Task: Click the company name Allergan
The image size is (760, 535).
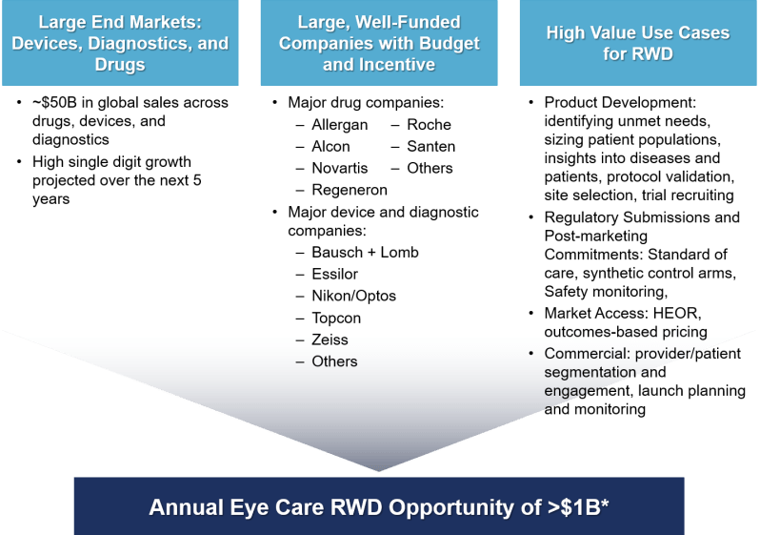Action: pyautogui.click(x=339, y=125)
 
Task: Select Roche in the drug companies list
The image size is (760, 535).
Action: pyautogui.click(x=429, y=125)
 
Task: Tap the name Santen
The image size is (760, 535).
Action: pyautogui.click(x=430, y=146)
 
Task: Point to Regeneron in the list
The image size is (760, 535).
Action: pyautogui.click(x=350, y=190)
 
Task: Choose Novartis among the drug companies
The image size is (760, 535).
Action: pyautogui.click(x=340, y=168)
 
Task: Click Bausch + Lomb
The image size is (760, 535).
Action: pyautogui.click(x=365, y=253)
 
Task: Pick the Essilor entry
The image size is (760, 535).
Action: pyautogui.click(x=334, y=275)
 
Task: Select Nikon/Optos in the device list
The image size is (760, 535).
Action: pyautogui.click(x=354, y=297)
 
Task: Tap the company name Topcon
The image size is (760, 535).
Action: pyautogui.click(x=336, y=319)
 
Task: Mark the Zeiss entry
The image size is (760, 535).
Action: pyautogui.click(x=330, y=340)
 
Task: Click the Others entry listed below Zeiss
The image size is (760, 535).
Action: pyautogui.click(x=334, y=361)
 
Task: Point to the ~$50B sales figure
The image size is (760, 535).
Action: pyautogui.click(x=55, y=102)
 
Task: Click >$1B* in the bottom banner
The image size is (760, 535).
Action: pyautogui.click(x=578, y=507)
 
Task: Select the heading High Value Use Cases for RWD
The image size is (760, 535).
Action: pyautogui.click(x=638, y=43)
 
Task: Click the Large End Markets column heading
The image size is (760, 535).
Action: pyautogui.click(x=120, y=43)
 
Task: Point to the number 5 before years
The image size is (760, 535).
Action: pyautogui.click(x=197, y=180)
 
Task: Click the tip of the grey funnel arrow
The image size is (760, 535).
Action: pyautogui.click(x=379, y=471)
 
